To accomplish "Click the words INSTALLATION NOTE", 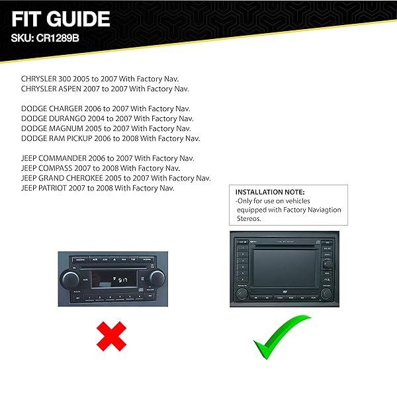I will (x=268, y=191).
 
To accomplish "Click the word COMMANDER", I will (x=73, y=159).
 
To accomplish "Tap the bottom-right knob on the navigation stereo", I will (x=326, y=292).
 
